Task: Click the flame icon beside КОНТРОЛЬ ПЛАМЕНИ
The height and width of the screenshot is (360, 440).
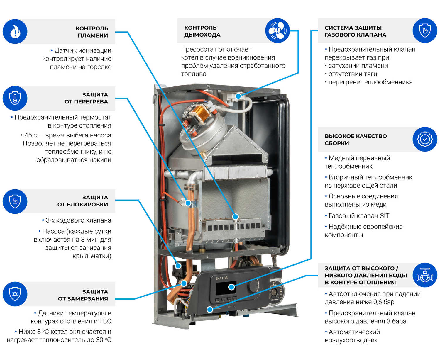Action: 15,31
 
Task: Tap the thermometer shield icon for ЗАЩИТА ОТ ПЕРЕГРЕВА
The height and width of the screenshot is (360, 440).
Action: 15,98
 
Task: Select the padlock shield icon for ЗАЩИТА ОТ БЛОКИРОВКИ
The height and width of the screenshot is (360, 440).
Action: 15,201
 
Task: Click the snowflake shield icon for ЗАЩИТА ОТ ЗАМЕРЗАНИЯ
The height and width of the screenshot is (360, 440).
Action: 15,294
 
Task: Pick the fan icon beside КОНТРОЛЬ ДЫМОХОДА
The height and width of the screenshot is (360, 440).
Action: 277,31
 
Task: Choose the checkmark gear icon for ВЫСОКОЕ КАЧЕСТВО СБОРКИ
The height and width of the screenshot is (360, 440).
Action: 425,139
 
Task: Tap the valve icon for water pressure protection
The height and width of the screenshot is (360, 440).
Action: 425,275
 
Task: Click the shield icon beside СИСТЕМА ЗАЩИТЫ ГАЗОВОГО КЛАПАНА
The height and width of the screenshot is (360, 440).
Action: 425,31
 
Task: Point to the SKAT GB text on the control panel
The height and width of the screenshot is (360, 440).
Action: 221,278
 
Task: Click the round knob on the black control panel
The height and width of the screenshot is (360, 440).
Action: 253,285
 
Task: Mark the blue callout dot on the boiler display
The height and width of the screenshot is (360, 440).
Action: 231,287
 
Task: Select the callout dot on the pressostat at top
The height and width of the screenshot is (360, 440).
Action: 238,96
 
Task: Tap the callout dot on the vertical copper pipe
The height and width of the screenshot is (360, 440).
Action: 188,203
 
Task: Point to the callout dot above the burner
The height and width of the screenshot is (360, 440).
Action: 236,217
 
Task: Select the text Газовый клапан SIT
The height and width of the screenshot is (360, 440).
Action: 359,216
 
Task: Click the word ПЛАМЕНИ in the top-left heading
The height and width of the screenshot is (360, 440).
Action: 93,35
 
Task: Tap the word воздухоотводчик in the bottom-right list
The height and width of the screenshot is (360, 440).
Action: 351,340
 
